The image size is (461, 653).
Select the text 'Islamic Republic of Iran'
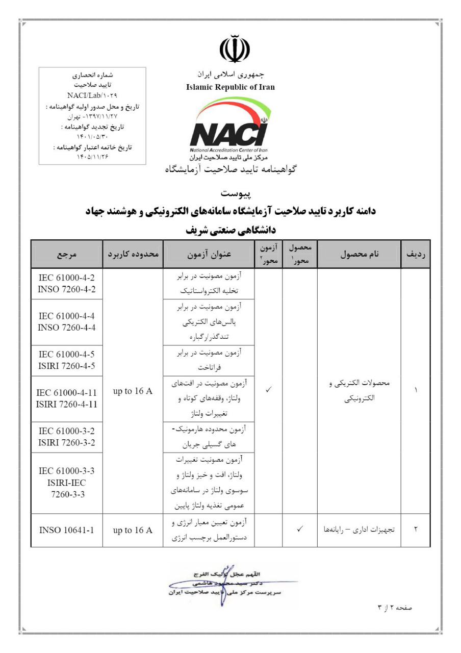pos(231,87)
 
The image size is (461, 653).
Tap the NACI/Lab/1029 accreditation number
pos(92,95)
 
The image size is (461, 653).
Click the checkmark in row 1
pos(268,390)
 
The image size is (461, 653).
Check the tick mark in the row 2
pos(300,530)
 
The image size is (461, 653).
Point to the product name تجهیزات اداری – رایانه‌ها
pos(360,530)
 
